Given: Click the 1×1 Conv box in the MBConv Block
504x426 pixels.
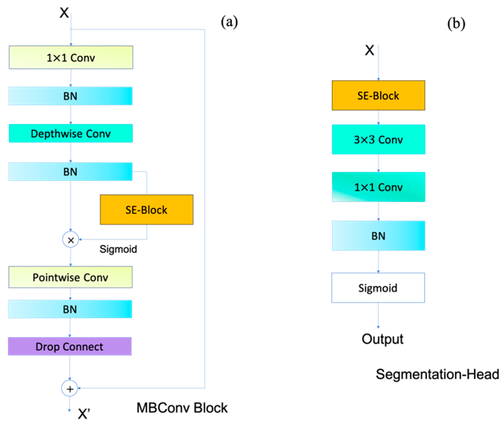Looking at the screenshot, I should (x=71, y=58).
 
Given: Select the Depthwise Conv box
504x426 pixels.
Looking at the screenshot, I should (x=71, y=133).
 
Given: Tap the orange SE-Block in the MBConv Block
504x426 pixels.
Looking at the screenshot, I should (x=147, y=210).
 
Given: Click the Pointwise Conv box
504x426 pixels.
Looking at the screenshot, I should (x=71, y=277).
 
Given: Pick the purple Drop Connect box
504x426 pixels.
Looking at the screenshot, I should (x=70, y=346).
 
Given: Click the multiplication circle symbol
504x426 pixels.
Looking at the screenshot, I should (x=71, y=240).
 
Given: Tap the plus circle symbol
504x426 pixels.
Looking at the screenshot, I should (x=70, y=389).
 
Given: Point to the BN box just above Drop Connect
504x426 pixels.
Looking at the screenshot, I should (x=70, y=309).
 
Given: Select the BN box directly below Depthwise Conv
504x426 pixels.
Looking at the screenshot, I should (x=71, y=172).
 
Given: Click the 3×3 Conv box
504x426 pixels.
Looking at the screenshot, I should (x=378, y=139).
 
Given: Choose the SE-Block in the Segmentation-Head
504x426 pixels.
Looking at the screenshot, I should (x=378, y=95).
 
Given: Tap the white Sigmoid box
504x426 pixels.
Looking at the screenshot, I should (x=378, y=288).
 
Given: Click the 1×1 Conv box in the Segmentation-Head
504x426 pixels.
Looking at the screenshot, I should (x=378, y=187).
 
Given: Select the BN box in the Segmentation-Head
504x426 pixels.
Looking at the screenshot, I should (x=378, y=236).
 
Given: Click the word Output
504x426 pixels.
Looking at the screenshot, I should (x=382, y=339).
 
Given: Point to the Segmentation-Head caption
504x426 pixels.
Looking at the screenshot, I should (x=437, y=374).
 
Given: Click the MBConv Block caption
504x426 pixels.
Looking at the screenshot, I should (x=182, y=408).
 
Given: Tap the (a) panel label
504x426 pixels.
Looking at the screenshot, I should (x=229, y=22).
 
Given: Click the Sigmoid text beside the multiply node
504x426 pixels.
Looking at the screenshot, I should (x=118, y=249).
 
